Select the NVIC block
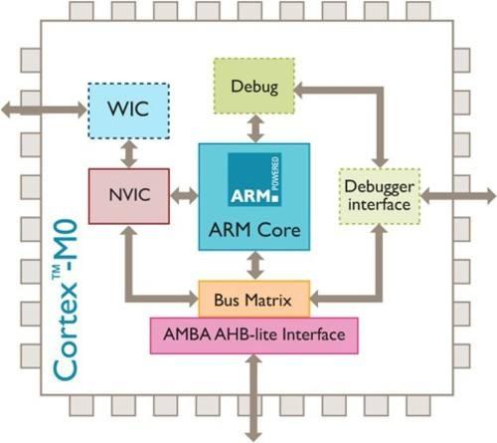pyautogui.click(x=128, y=194)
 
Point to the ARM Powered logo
pyautogui.click(x=254, y=180)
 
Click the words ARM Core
pyautogui.click(x=253, y=231)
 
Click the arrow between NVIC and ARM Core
pyautogui.click(x=184, y=195)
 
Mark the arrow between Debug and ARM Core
pyautogui.click(x=254, y=127)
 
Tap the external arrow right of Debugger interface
pyautogui.click(x=456, y=194)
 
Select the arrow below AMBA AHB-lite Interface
pyautogui.click(x=253, y=394)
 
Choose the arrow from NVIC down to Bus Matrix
pyautogui.click(x=129, y=269)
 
